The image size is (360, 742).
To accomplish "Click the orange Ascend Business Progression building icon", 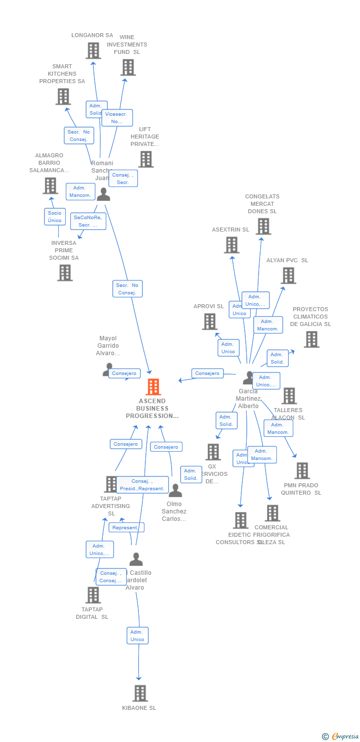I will click(153, 387).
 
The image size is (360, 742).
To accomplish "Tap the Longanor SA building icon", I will click(93, 50).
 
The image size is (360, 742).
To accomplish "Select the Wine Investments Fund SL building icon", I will click(128, 67).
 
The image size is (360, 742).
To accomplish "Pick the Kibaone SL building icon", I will click(140, 693).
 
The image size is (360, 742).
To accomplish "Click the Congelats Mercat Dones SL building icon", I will click(263, 227).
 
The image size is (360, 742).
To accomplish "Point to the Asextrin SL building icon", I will click(231, 245).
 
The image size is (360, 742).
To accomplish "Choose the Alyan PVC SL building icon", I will click(288, 276).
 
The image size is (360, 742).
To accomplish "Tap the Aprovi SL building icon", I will click(210, 322).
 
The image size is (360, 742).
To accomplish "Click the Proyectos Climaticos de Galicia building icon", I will click(311, 339).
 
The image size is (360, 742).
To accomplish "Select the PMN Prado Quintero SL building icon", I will click(302, 470).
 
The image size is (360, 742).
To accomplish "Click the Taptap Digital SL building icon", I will click(92, 595).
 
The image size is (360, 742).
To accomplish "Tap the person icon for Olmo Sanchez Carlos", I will click(175, 491).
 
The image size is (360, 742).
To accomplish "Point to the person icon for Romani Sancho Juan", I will click(103, 194).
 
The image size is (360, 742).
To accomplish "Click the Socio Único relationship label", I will click(55, 217).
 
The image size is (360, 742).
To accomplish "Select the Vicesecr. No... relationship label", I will click(117, 118).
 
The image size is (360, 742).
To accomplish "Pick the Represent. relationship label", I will click(126, 527).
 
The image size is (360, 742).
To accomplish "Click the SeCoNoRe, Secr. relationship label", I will click(88, 221).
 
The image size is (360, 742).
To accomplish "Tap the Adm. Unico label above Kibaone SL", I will click(137, 636).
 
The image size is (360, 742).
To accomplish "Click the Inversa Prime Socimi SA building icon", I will click(65, 273).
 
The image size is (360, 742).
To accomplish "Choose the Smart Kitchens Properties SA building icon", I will click(63, 96).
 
